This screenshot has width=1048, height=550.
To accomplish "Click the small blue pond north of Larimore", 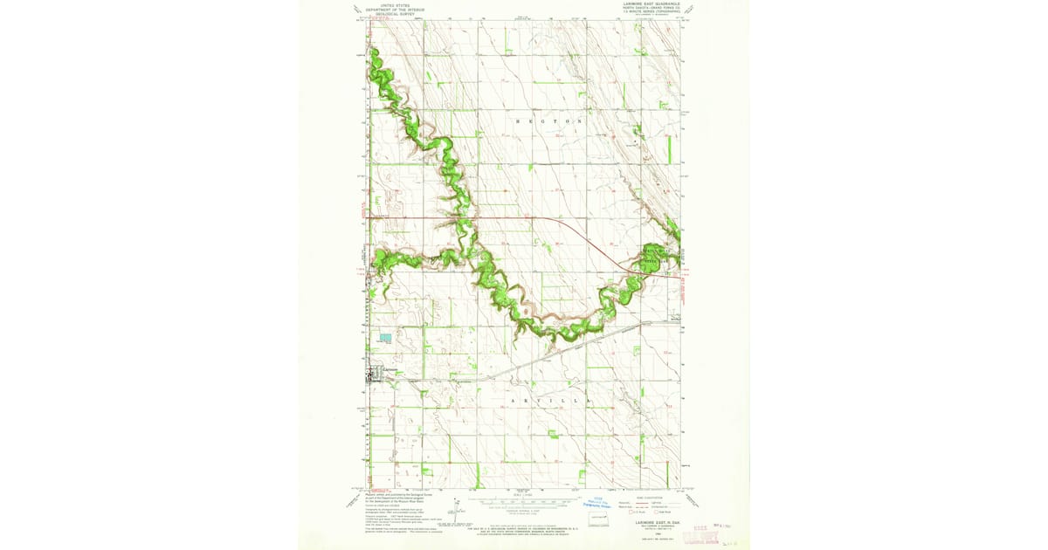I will point(385,336).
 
